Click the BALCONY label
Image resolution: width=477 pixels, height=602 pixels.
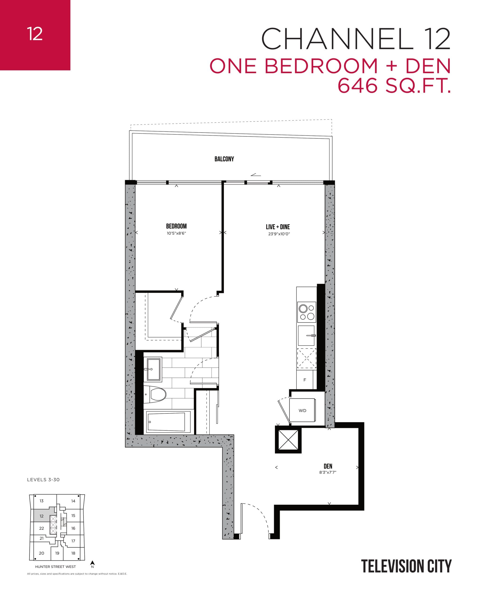pos(224,159)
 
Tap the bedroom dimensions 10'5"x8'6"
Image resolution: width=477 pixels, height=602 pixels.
pos(176,233)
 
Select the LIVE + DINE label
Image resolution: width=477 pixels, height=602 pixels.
pos(278,227)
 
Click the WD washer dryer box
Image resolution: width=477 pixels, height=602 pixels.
pos(302,411)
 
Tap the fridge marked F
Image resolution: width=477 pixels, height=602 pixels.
pos(305,380)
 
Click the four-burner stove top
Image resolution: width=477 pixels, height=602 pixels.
pos(307,312)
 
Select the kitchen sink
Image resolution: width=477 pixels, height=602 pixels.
pos(306,336)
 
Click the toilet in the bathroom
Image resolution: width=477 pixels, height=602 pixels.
pos(156,395)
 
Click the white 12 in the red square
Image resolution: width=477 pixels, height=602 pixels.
pos(35,34)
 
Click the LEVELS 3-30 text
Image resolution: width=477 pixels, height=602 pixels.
pos(43,480)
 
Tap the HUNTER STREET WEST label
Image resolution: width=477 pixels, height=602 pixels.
pos(55,567)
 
